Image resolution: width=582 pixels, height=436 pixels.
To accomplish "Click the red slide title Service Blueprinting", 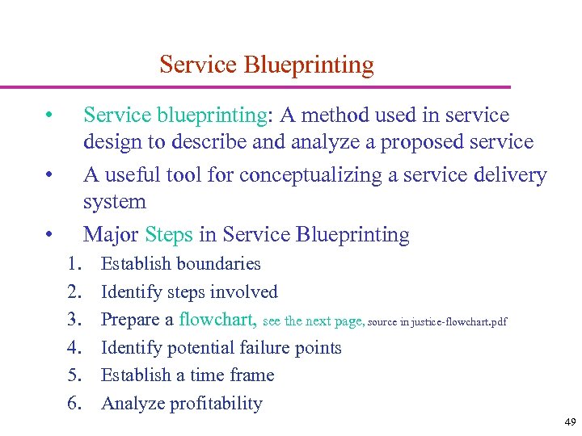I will pyautogui.click(x=267, y=65).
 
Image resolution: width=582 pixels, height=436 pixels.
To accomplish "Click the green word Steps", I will pyautogui.click(x=169, y=235).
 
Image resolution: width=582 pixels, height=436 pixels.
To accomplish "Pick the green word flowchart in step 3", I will pyautogui.click(x=218, y=320).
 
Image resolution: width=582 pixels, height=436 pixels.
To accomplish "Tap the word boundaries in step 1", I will pyautogui.click(x=218, y=264).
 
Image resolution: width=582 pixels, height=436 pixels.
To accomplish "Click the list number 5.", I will pyautogui.click(x=74, y=375).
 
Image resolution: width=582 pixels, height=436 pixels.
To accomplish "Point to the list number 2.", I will pyautogui.click(x=74, y=292).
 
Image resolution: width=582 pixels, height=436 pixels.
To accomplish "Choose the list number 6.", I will pyautogui.click(x=74, y=404).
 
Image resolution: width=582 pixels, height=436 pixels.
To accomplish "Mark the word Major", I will pyautogui.click(x=111, y=235).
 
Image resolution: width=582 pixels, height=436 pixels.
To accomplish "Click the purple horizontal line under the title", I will pyautogui.click(x=255, y=86).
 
